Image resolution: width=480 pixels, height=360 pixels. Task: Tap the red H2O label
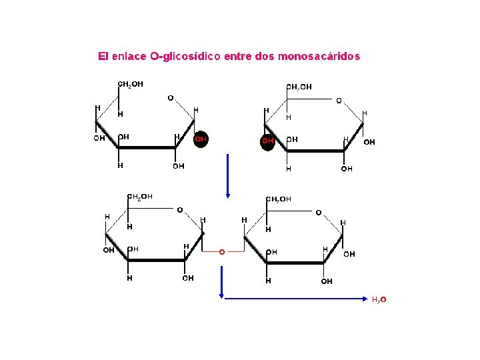(379, 300)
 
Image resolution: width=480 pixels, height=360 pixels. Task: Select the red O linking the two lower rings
(222, 252)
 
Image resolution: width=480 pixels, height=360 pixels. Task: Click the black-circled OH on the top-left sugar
(200, 139)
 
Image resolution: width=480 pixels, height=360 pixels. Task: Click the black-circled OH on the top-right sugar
(267, 141)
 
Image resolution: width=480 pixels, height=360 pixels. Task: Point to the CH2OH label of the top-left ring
(130, 84)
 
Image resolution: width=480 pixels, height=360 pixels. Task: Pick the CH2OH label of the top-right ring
(299, 87)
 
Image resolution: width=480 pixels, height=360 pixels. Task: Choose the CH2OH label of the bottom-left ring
(140, 196)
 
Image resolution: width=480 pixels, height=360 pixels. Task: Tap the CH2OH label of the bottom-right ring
(279, 199)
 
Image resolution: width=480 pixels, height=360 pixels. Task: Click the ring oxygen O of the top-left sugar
(170, 98)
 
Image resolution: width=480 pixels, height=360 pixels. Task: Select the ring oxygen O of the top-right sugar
(339, 101)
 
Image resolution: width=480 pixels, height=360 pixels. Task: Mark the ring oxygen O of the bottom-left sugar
(179, 210)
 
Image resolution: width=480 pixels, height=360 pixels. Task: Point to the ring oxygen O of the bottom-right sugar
(318, 213)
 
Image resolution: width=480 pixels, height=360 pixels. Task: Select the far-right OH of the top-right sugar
(369, 142)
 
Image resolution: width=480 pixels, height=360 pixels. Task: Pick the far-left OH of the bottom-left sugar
(108, 251)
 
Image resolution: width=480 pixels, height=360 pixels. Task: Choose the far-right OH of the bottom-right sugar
(349, 254)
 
